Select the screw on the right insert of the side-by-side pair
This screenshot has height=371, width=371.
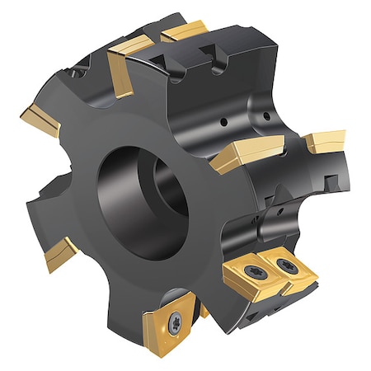pos(286,265)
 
